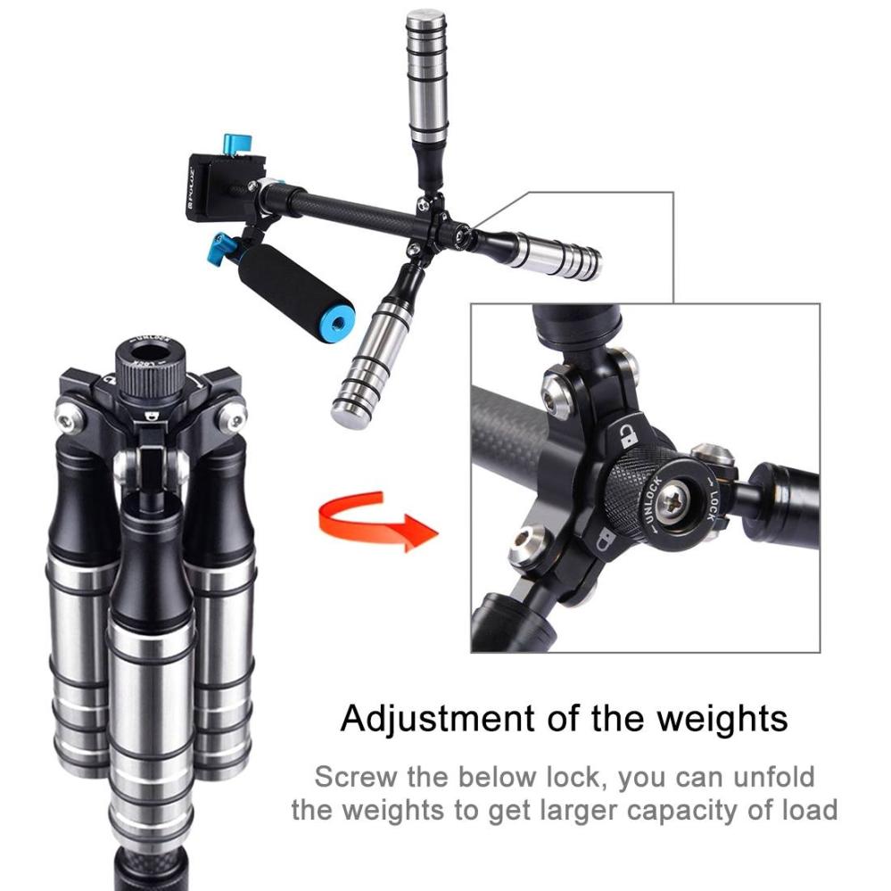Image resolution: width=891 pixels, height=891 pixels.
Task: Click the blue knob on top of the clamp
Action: tap(237, 143)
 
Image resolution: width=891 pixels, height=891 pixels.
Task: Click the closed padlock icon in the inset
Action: tap(606, 538)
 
